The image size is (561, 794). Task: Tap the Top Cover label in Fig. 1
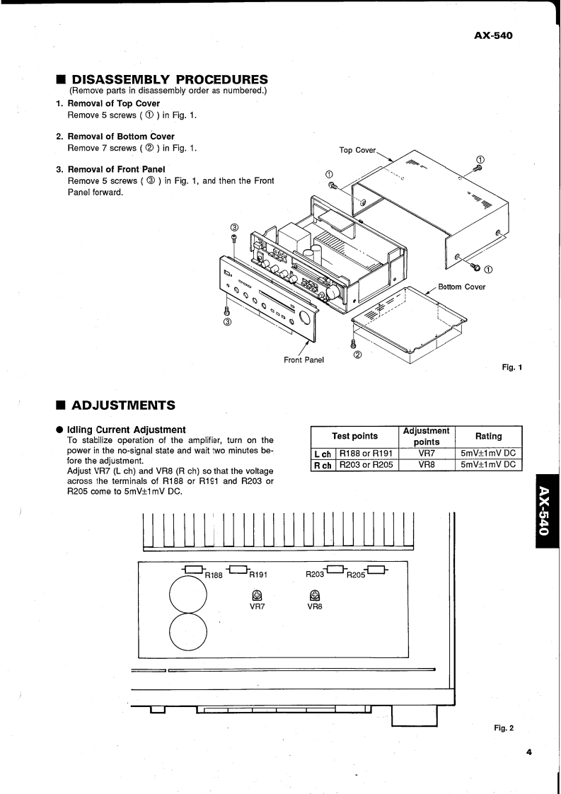pyautogui.click(x=357, y=150)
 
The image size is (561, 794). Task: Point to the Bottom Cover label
pyautogui.click(x=461, y=287)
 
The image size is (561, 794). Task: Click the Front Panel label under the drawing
pyautogui.click(x=303, y=360)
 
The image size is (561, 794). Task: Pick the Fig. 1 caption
pyautogui.click(x=511, y=367)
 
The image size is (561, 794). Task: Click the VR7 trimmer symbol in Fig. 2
pyautogui.click(x=258, y=595)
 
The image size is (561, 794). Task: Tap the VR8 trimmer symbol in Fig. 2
pyautogui.click(x=315, y=595)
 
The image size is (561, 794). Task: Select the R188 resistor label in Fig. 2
pyautogui.click(x=214, y=576)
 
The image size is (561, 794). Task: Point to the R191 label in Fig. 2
pyautogui.click(x=257, y=576)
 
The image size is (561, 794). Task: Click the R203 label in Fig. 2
pyautogui.click(x=316, y=575)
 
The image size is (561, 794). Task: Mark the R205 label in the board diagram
pyautogui.click(x=356, y=576)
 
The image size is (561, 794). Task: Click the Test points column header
pyautogui.click(x=355, y=436)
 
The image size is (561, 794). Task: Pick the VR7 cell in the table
pyautogui.click(x=426, y=453)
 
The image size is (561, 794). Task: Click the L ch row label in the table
pyautogui.click(x=323, y=453)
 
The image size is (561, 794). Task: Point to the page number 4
pyautogui.click(x=528, y=752)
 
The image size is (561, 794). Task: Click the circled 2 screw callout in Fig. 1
pyautogui.click(x=358, y=355)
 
